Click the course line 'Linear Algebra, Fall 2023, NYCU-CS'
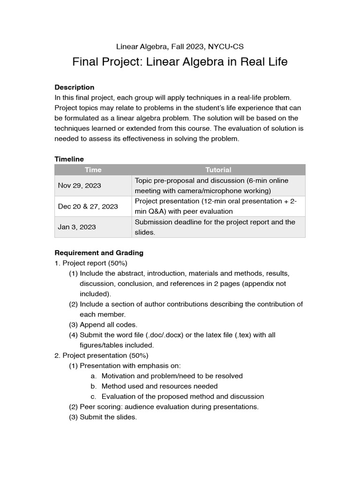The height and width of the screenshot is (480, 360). (x=180, y=46)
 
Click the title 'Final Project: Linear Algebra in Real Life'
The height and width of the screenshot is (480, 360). (x=180, y=62)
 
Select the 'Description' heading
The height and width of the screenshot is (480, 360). (x=74, y=87)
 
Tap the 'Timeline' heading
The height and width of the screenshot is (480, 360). (x=69, y=159)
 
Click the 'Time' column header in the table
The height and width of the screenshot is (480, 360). (x=93, y=170)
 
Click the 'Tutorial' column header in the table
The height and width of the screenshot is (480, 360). (x=218, y=170)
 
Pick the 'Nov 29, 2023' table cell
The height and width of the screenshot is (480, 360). (x=79, y=186)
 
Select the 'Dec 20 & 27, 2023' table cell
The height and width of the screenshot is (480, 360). (x=88, y=206)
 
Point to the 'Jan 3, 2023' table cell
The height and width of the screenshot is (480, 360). (x=77, y=227)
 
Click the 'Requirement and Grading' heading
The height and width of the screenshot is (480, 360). (x=99, y=253)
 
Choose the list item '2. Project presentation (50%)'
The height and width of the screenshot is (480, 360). (x=101, y=355)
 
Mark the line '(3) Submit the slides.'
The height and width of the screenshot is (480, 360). (x=103, y=417)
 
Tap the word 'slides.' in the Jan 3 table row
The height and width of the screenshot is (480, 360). (x=145, y=232)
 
